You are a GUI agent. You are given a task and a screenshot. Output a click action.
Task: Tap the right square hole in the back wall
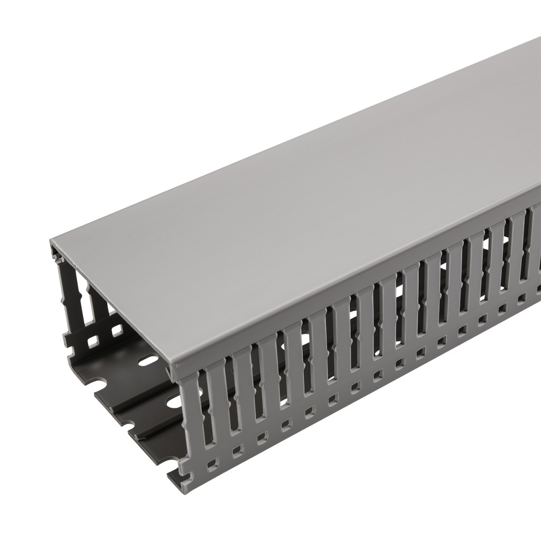(x=115, y=332)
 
